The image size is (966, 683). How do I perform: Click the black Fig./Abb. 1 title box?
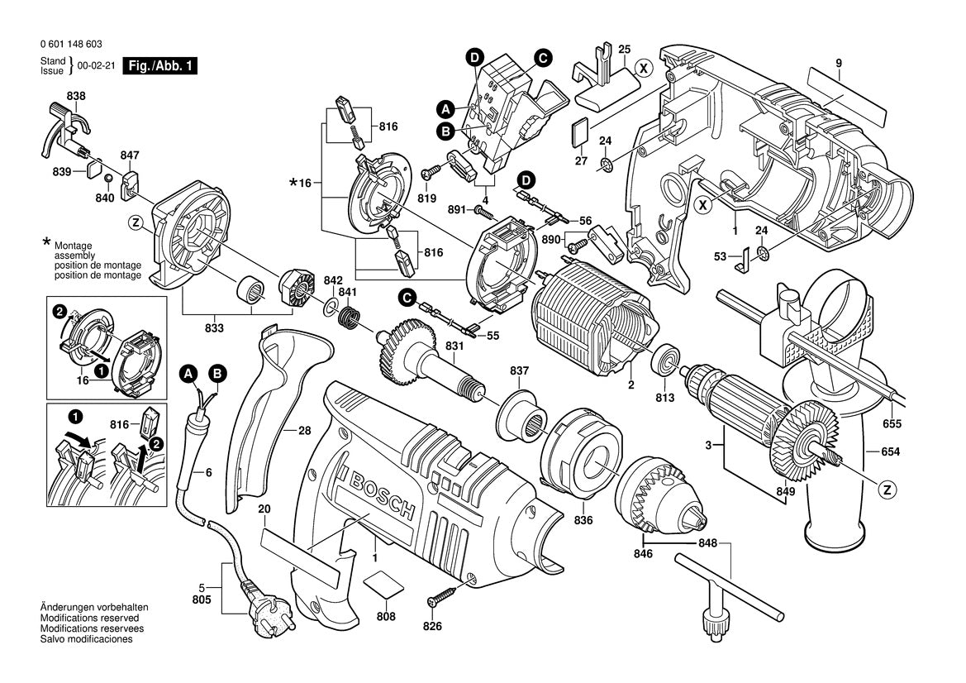click(x=159, y=66)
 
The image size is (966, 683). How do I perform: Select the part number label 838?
click(x=75, y=97)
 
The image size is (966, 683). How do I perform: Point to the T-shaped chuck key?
click(x=727, y=590)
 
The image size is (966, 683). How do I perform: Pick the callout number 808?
click(x=385, y=617)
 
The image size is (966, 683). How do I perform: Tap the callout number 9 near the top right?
click(x=838, y=63)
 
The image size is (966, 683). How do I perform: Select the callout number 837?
click(x=518, y=370)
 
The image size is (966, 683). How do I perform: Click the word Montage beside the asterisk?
click(x=74, y=246)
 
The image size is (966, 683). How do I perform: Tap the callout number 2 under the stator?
click(x=630, y=384)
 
